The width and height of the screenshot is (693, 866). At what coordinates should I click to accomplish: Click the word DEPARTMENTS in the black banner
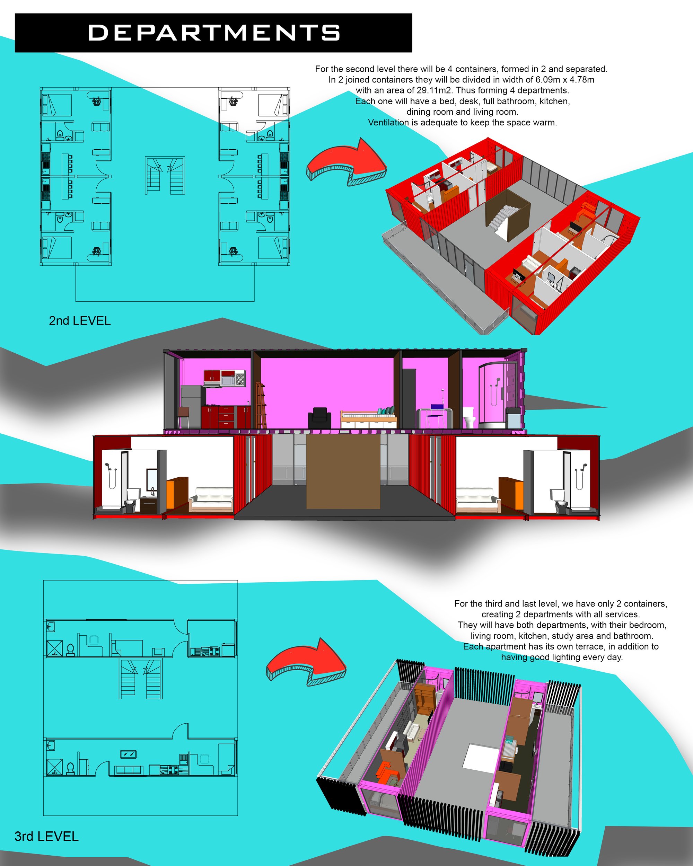pyautogui.click(x=214, y=33)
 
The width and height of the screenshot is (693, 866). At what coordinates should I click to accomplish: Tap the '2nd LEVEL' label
pyautogui.click(x=80, y=321)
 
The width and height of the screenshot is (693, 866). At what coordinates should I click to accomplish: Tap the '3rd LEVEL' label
pyautogui.click(x=46, y=836)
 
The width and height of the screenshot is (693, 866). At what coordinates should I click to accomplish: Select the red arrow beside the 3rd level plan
pyautogui.click(x=306, y=662)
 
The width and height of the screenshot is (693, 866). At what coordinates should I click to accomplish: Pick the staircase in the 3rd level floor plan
pyautogui.click(x=141, y=679)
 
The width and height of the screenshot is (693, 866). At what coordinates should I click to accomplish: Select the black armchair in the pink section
pyautogui.click(x=319, y=418)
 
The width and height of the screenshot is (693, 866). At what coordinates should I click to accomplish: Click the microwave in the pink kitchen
pyautogui.click(x=227, y=380)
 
